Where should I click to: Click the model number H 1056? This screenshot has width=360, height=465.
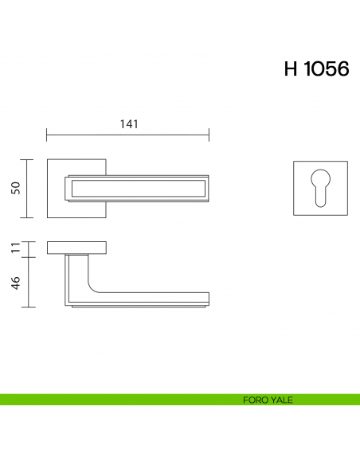pos(316,69)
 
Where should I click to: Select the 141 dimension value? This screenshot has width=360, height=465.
pos(128,124)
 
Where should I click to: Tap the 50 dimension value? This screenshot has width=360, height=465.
pos(15,188)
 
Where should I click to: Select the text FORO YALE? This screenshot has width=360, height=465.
pos(267,400)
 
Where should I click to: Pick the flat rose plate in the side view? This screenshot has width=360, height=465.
pos(76,247)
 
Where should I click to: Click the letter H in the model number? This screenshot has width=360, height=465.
pos(291,69)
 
